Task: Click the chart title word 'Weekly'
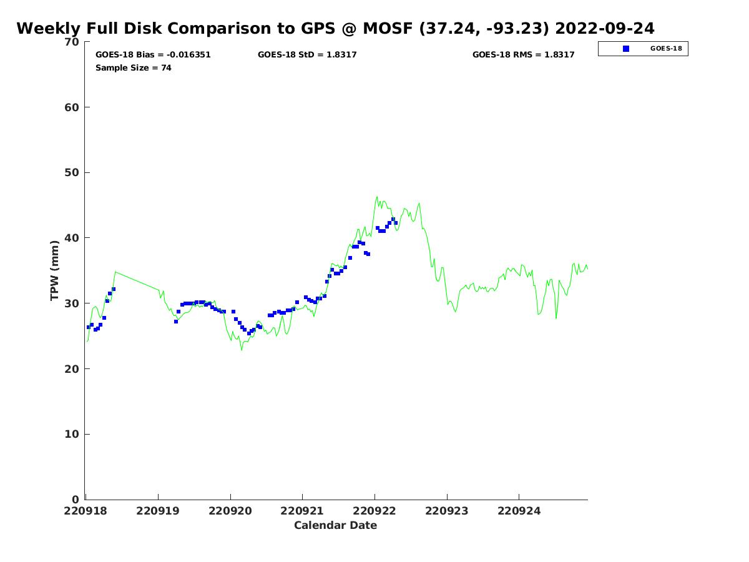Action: [48, 29]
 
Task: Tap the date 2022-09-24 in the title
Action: [604, 28]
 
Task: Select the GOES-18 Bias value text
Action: [153, 54]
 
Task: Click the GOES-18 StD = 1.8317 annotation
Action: [306, 54]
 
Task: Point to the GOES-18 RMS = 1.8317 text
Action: [523, 54]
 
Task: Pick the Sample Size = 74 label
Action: [134, 68]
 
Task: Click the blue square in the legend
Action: [625, 49]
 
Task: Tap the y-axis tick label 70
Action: [72, 42]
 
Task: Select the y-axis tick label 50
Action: [72, 173]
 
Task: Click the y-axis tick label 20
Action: [72, 369]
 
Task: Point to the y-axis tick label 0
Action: [76, 500]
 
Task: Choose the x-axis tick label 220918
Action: [86, 511]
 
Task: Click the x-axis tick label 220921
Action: [301, 511]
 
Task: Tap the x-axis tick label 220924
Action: [519, 511]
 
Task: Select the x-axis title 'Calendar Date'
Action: [335, 526]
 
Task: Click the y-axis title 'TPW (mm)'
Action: [54, 270]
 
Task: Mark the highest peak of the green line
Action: [377, 197]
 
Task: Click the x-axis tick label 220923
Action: [446, 511]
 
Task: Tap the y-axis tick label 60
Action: [72, 107]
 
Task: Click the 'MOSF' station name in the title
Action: [388, 28]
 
